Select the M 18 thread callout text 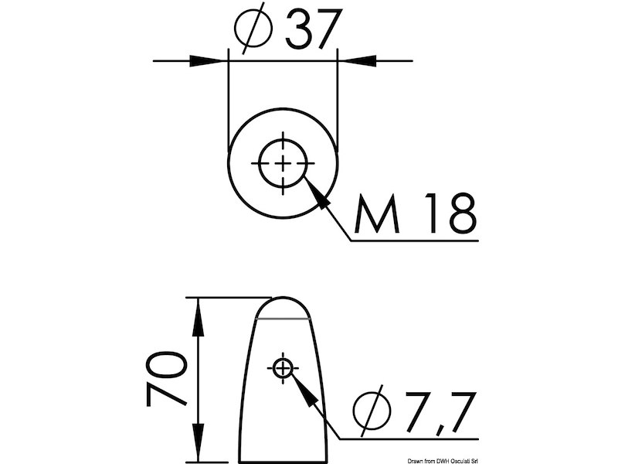[x=416, y=213]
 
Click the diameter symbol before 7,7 [x=372, y=411]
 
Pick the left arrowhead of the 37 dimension [x=206, y=61]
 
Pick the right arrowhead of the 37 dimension [x=359, y=61]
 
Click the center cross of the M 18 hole [x=283, y=163]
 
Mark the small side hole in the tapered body [x=283, y=368]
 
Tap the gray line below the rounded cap [x=283, y=318]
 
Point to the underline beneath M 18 [x=414, y=241]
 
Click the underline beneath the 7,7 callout [x=409, y=438]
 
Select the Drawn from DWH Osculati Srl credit [x=443, y=461]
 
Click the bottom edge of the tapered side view [x=282, y=461]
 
